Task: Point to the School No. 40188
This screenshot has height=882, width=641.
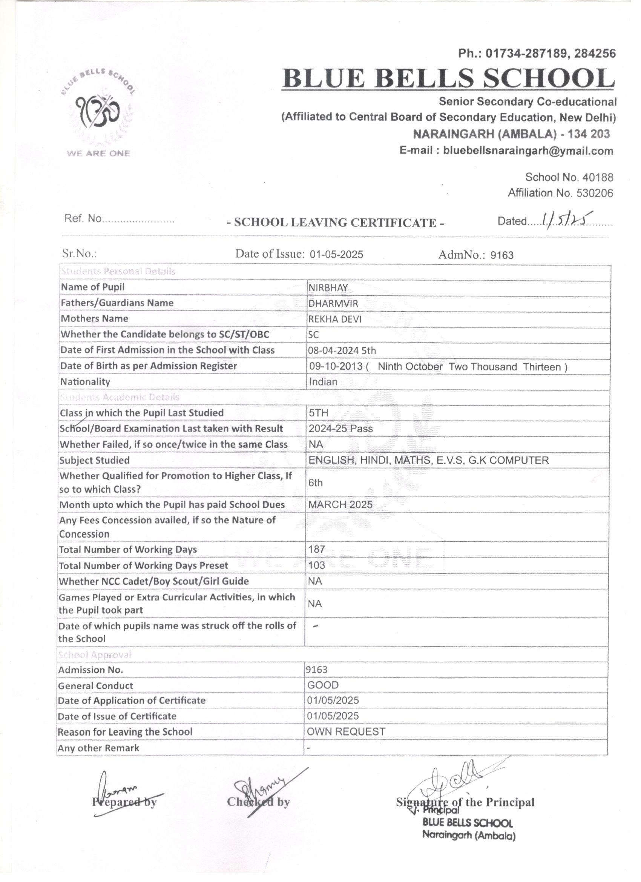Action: coord(569,177)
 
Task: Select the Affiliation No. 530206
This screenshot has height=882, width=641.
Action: coord(560,193)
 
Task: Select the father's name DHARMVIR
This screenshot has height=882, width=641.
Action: coord(333,303)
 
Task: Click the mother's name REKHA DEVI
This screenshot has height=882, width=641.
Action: coord(335,319)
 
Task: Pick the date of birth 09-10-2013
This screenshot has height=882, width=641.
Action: coord(336,366)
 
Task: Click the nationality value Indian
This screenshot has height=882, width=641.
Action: coord(323,382)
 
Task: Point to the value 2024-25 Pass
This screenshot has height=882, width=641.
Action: coord(340,429)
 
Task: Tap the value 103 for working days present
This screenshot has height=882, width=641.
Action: coord(317,565)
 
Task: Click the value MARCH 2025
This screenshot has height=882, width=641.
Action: coord(340,505)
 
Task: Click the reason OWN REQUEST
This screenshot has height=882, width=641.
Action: coord(346,732)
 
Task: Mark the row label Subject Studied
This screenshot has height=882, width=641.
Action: coord(95,461)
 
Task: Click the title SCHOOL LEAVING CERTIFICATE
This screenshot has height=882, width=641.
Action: coord(335,223)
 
